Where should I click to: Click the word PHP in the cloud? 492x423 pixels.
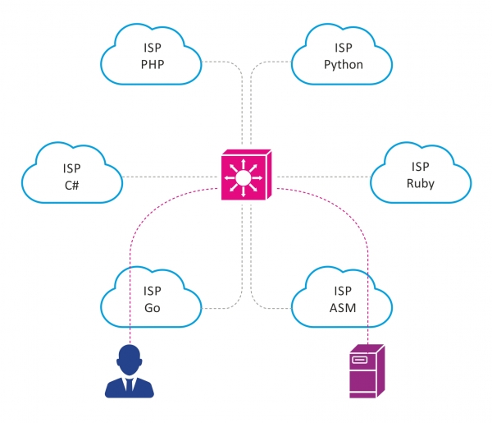(x=153, y=65)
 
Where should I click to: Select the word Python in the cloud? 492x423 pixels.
(x=343, y=64)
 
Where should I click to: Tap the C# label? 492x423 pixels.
(x=71, y=185)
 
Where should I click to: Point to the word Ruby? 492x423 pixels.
(x=420, y=183)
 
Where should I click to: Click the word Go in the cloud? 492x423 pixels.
(x=153, y=308)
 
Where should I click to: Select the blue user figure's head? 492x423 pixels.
(x=131, y=359)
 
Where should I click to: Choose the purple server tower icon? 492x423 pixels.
(x=366, y=373)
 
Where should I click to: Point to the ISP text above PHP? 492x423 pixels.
(x=153, y=48)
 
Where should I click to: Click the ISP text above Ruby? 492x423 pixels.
(x=420, y=167)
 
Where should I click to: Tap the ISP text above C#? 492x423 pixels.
(x=71, y=168)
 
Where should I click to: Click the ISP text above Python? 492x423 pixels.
(x=343, y=48)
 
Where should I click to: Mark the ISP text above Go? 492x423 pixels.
(x=153, y=292)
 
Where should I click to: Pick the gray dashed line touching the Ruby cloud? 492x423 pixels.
(x=328, y=177)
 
